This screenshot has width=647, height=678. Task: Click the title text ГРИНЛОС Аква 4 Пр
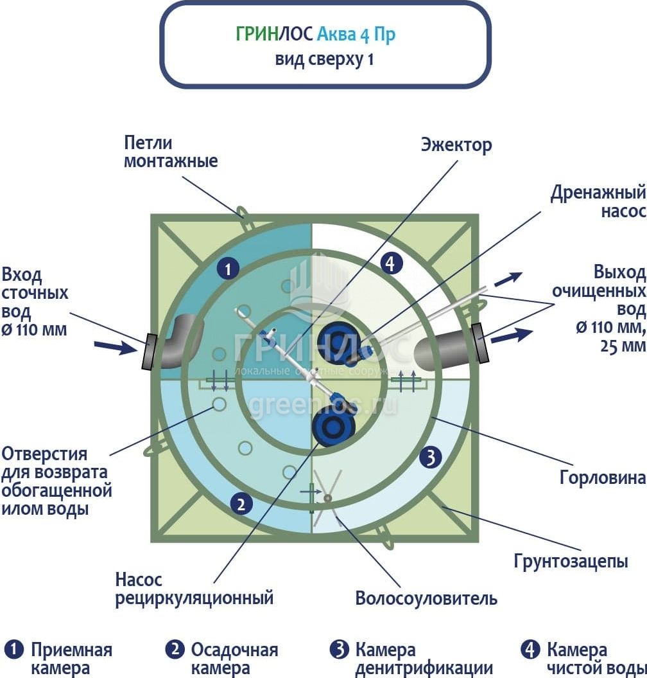click(315, 33)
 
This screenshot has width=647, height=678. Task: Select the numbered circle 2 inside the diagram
click(240, 504)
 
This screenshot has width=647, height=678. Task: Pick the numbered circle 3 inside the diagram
click(431, 458)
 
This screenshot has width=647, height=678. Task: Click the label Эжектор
click(456, 145)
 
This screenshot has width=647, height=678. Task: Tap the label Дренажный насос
click(598, 202)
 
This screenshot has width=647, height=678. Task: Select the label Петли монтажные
click(170, 152)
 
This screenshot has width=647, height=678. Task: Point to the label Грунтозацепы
click(571, 561)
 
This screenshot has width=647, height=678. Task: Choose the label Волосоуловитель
click(426, 599)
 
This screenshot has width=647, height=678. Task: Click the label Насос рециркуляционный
click(194, 589)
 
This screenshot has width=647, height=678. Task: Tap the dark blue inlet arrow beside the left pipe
click(116, 346)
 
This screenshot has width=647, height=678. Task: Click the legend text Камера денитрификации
click(424, 659)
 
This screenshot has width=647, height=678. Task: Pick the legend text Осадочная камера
click(234, 659)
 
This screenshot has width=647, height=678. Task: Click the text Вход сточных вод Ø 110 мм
click(35, 302)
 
